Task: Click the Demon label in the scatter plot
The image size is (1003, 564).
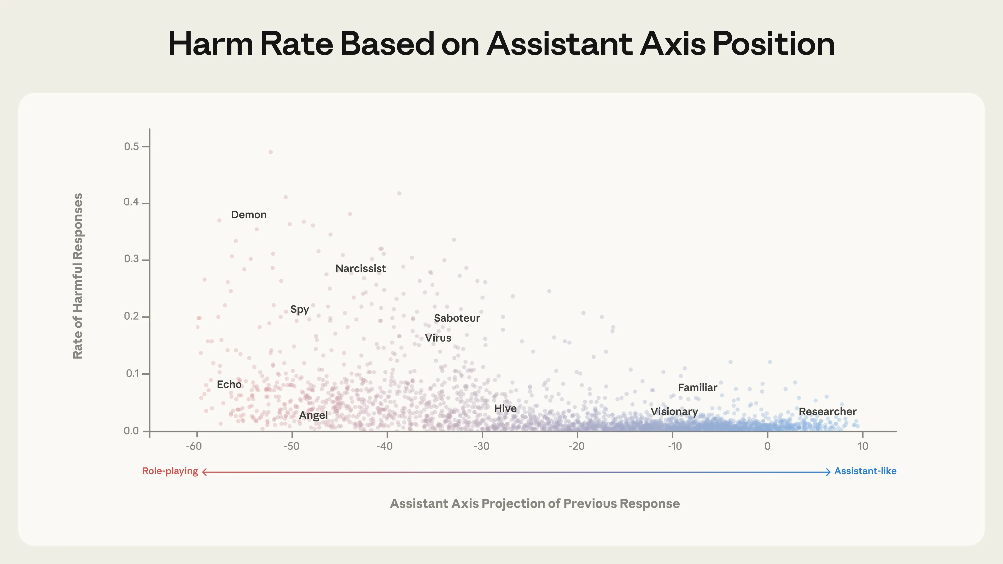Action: click(x=248, y=215)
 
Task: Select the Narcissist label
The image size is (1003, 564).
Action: click(x=360, y=269)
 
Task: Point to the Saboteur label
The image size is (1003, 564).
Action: click(x=457, y=318)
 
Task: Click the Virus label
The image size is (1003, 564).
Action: click(x=438, y=338)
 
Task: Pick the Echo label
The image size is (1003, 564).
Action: click(x=229, y=385)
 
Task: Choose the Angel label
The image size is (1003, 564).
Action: click(x=313, y=415)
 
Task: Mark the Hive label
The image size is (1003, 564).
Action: click(x=505, y=408)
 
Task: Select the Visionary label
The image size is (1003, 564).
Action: click(x=674, y=412)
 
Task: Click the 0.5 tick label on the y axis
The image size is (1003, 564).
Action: click(x=131, y=146)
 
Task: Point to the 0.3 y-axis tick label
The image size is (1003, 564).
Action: click(x=131, y=259)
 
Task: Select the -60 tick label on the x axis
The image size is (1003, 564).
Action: click(x=194, y=446)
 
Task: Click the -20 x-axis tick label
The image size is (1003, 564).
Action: click(x=576, y=446)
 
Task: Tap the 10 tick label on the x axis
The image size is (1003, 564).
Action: click(x=863, y=446)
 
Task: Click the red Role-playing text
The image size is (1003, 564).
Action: click(x=170, y=471)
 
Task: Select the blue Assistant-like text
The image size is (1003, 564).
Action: click(x=865, y=471)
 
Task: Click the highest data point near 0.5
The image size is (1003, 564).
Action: click(x=271, y=152)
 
